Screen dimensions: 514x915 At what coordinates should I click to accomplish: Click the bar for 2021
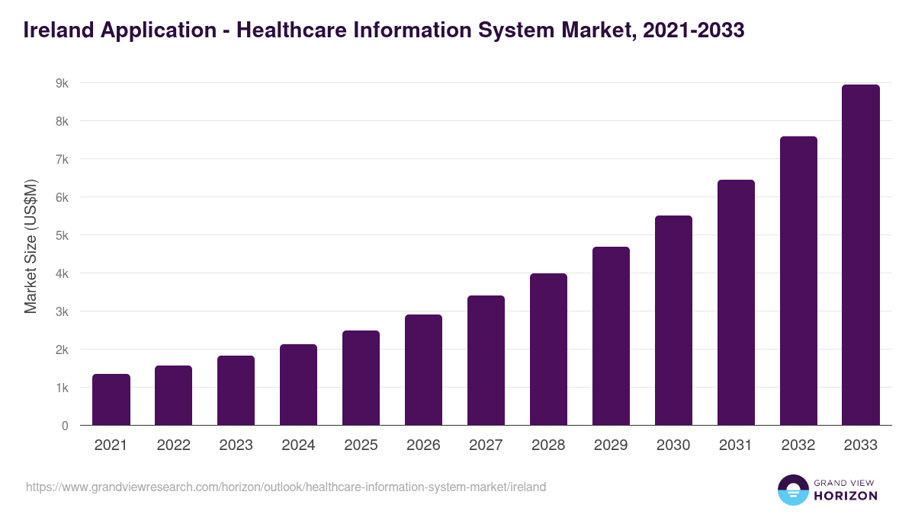tap(111, 400)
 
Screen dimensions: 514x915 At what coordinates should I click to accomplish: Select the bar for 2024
tap(298, 385)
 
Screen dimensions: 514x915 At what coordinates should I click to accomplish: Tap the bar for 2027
tap(486, 360)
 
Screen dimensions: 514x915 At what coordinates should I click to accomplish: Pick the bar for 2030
tap(673, 321)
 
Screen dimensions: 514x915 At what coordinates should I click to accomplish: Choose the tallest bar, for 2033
tap(861, 255)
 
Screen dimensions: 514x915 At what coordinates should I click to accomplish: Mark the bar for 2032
tap(798, 281)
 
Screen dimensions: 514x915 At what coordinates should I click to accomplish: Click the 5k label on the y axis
tap(62, 235)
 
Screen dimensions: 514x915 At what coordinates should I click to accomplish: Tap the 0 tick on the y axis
tap(65, 426)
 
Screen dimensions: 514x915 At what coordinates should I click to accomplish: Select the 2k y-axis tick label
tap(62, 350)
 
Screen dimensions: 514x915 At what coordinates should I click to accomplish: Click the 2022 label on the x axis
tap(174, 445)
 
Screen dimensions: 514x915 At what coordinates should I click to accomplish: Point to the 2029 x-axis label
tap(611, 445)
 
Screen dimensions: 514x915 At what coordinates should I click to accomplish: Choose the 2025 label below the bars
tap(361, 445)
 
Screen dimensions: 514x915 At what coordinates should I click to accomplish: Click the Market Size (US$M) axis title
tap(30, 247)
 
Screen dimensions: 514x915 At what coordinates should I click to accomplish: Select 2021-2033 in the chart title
tap(693, 30)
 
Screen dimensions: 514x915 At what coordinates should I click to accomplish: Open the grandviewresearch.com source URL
tap(286, 487)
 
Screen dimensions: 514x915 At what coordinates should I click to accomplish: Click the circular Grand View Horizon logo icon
tap(792, 490)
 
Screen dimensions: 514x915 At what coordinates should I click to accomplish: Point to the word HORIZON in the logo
tap(845, 496)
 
